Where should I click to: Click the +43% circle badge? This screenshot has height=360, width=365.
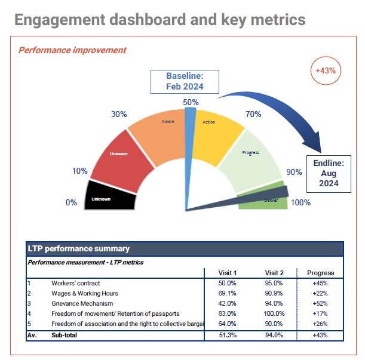326,70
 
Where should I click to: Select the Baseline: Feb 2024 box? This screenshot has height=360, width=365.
185,81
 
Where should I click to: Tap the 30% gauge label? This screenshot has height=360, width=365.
119,114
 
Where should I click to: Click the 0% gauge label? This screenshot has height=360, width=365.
71,202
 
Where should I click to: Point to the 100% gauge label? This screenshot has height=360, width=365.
300,202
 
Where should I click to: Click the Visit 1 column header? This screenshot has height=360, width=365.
228,273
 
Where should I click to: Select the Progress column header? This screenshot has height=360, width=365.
320,273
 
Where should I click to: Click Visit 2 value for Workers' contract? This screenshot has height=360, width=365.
274,283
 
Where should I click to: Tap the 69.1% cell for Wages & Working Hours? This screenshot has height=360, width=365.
228,293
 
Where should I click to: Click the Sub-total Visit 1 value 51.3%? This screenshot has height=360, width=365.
228,335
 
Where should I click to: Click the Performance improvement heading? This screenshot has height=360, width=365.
72,50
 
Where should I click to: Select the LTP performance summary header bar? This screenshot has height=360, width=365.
185,248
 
